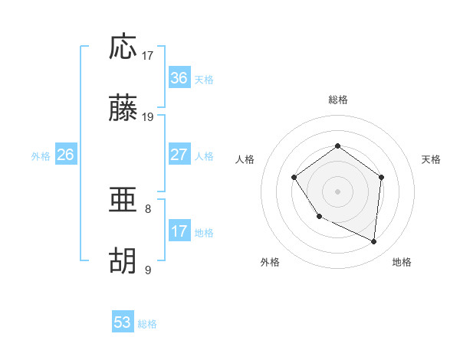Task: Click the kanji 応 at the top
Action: [123, 47]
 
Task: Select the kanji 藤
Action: [123, 110]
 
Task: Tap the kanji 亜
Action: [123, 201]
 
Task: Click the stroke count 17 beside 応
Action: [148, 55]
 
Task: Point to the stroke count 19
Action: [148, 117]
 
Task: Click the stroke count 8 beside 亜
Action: [148, 208]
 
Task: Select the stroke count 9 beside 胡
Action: [148, 270]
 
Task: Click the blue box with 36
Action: [179, 78]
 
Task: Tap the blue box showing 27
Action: [179, 155]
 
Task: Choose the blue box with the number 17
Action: [179, 231]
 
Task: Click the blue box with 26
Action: [65, 155]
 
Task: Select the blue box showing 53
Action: [123, 322]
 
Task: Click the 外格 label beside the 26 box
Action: [41, 155]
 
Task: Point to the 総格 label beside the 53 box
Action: [147, 324]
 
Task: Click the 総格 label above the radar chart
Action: [338, 100]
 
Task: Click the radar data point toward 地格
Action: [374, 241]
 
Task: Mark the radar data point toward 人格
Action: [294, 178]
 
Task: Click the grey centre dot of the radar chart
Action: [338, 191]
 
